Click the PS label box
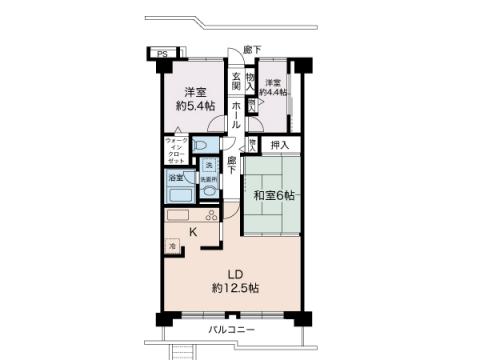161,54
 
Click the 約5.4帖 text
194,106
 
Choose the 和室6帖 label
273,195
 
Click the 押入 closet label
279,146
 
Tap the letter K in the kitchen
193,234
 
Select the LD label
234,273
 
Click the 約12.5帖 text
234,288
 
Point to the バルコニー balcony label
231,330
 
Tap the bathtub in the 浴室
181,191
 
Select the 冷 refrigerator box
172,245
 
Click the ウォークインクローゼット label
175,151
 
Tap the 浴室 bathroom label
176,177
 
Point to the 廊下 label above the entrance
251,50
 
